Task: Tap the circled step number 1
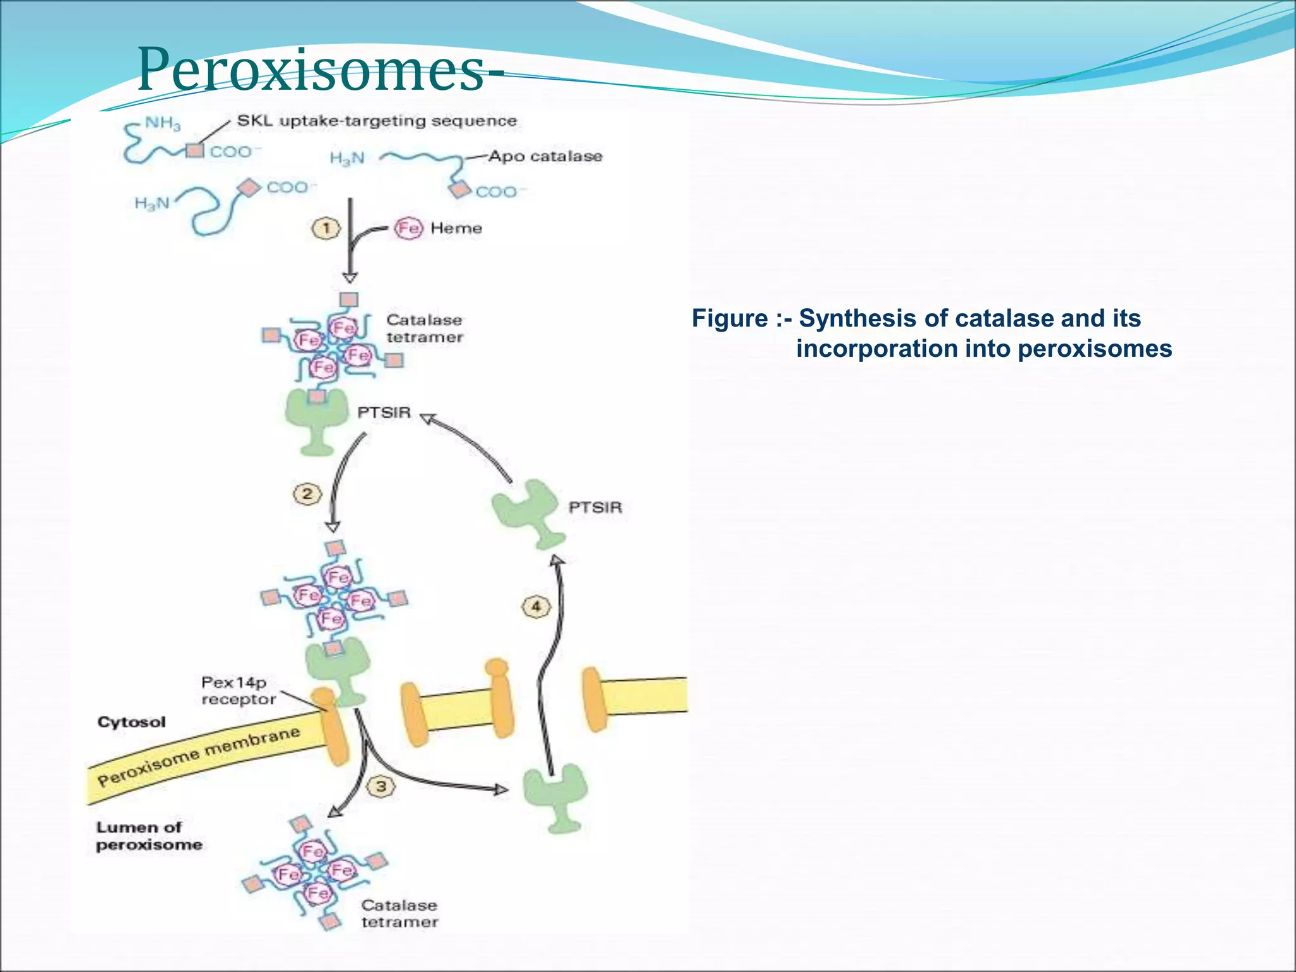(x=326, y=228)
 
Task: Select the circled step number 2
(x=307, y=494)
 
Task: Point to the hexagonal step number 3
(x=381, y=787)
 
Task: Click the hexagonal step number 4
(x=536, y=607)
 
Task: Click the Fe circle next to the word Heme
(x=408, y=228)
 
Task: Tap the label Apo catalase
(x=545, y=156)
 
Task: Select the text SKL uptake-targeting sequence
(x=377, y=121)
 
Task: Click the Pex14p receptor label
(x=238, y=690)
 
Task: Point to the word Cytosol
(x=132, y=722)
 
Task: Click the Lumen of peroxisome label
(x=149, y=836)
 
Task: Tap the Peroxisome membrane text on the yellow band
(x=199, y=756)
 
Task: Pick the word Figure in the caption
(x=729, y=318)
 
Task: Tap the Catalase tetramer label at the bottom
(x=399, y=914)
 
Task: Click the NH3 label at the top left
(x=163, y=123)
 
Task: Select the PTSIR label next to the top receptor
(x=383, y=413)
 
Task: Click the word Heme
(x=456, y=228)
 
